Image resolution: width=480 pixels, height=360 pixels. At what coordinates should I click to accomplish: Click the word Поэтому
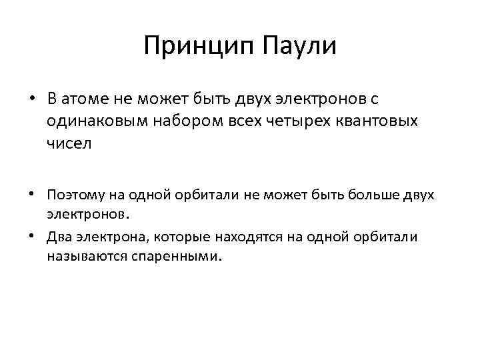[x=73, y=195]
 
